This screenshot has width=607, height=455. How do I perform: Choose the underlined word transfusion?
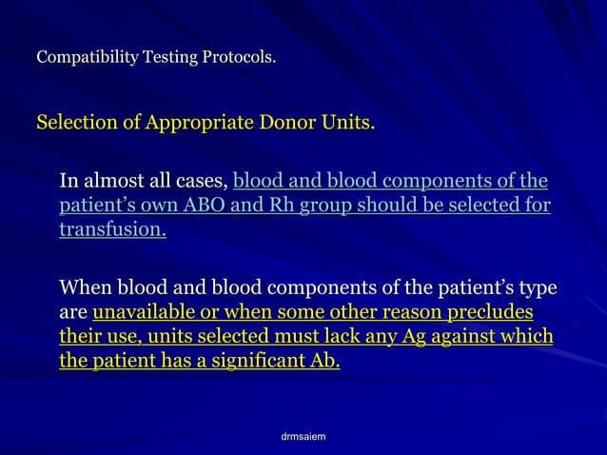112,230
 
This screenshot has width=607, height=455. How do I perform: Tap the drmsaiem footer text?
303,436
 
